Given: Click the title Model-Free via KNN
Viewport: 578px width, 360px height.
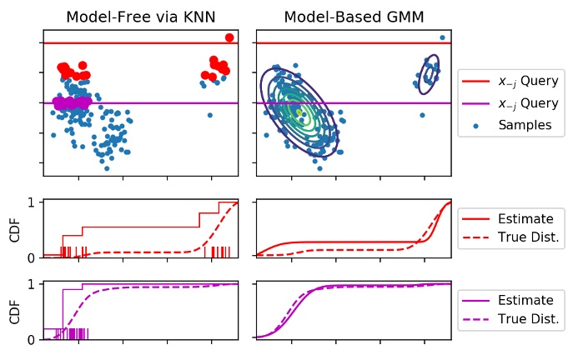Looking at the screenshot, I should pyautogui.click(x=140, y=17).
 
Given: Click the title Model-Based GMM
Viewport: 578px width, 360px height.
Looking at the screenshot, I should pyautogui.click(x=354, y=17).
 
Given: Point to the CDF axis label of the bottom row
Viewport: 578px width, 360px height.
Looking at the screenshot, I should pyautogui.click(x=13, y=311).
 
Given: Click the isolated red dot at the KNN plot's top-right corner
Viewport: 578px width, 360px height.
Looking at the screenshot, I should pyautogui.click(x=229, y=37).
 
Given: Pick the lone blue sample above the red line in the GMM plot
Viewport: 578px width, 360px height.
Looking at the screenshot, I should pyautogui.click(x=442, y=37).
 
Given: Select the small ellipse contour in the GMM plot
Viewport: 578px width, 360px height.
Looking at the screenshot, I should pyautogui.click(x=430, y=75).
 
